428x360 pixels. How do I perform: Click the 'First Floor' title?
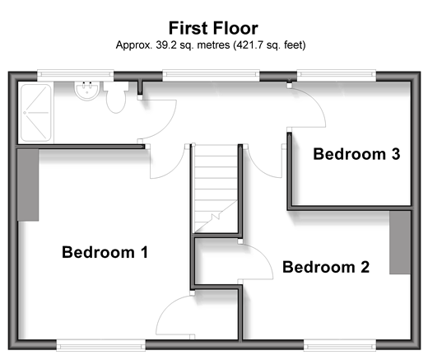[x=213, y=28]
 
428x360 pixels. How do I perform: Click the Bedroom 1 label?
[x=105, y=252]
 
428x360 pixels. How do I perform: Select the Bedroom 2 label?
[x=326, y=267]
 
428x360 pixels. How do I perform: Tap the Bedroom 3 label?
[x=356, y=154]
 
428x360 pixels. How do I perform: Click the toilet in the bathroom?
[x=116, y=97]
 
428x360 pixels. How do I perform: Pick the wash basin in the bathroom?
[x=87, y=91]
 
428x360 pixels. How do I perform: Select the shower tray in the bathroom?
[x=36, y=113]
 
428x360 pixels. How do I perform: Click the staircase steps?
[x=216, y=189]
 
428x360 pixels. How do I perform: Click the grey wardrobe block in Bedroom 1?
[x=28, y=185]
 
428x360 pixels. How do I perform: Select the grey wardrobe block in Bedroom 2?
[x=400, y=242]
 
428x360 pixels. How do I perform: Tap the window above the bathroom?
[x=76, y=75]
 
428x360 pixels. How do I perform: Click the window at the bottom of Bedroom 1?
[x=101, y=345]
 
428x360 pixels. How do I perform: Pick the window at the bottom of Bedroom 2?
[x=340, y=345]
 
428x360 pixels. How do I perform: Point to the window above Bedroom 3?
[x=337, y=75]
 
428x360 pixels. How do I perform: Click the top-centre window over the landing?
[x=211, y=75]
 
